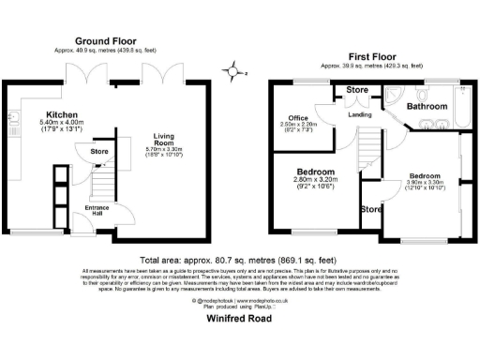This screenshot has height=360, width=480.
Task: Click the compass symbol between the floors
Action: [x=232, y=69]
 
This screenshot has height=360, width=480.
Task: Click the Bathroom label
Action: [x=425, y=107]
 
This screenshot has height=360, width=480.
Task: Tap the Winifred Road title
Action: [x=239, y=319]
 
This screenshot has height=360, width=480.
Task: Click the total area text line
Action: [x=239, y=260]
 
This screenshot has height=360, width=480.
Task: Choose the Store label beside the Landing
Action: [x=356, y=90]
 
